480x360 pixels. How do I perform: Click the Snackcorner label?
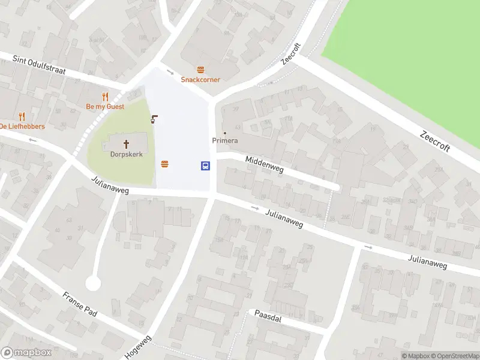pyautogui.click(x=201, y=79)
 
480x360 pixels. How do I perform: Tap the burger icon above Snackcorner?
pyautogui.click(x=200, y=70)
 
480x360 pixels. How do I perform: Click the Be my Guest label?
pyautogui.click(x=105, y=106)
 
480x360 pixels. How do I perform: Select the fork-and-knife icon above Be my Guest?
pyautogui.click(x=105, y=97)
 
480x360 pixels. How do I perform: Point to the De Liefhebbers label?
pyautogui.click(x=22, y=126)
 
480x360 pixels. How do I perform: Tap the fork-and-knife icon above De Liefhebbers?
pyautogui.click(x=22, y=116)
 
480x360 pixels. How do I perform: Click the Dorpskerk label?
pyautogui.click(x=127, y=154)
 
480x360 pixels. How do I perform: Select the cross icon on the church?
pyautogui.click(x=127, y=143)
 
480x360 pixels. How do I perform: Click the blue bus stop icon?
pyautogui.click(x=205, y=166)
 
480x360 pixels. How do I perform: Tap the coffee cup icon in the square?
pyautogui.click(x=155, y=119)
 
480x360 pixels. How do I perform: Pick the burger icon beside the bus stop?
pyautogui.click(x=164, y=163)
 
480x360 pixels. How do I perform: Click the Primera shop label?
pyautogui.click(x=225, y=140)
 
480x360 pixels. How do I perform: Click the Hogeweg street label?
pyautogui.click(x=139, y=347)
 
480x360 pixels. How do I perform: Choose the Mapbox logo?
pyautogui.click(x=26, y=353)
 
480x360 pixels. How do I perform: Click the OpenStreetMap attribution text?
pyautogui.click(x=455, y=356)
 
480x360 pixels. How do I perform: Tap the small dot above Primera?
pyautogui.click(x=225, y=133)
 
